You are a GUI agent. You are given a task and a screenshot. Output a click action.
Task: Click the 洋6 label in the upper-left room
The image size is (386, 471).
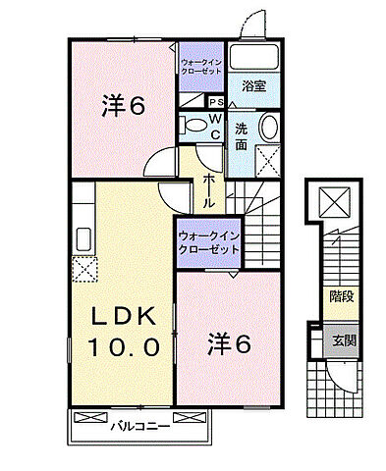click(x=124, y=105)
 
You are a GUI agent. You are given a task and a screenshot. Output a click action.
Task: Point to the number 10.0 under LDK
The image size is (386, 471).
click(x=123, y=346)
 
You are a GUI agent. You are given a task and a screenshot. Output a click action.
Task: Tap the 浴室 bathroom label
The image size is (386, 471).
click(x=253, y=85)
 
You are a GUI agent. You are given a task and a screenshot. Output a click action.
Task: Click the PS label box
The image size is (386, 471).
click(x=216, y=101)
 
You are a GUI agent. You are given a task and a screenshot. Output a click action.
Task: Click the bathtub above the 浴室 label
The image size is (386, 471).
click(x=253, y=58)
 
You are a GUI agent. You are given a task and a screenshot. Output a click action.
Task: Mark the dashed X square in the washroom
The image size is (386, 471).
click(x=265, y=160)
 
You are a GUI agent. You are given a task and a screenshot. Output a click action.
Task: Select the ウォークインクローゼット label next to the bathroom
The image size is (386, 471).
click(x=201, y=66)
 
